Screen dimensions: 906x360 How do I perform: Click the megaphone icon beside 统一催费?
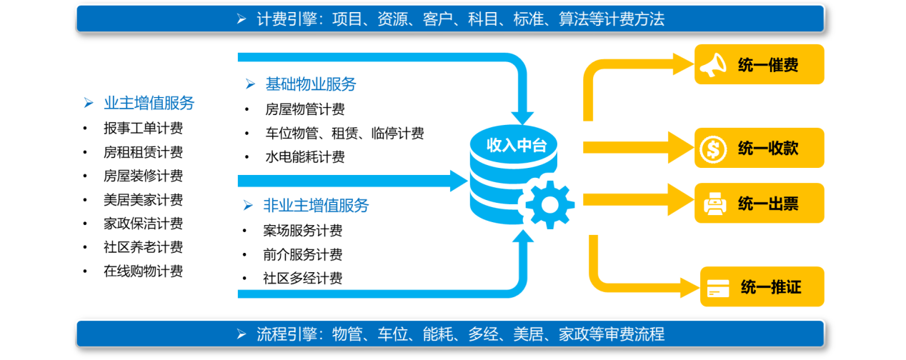[713, 65]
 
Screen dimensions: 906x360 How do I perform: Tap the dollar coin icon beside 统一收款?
[713, 149]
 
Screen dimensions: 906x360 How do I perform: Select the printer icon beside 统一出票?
[715, 204]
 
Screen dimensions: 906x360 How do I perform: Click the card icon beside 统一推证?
[718, 288]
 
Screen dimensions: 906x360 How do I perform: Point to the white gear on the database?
[549, 205]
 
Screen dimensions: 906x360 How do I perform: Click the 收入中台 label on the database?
[517, 145]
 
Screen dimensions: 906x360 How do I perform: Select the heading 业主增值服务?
[149, 103]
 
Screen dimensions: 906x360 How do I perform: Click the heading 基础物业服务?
[311, 84]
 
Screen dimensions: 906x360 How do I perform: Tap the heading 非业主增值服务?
[316, 206]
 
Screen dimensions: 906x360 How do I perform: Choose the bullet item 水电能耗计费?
[305, 157]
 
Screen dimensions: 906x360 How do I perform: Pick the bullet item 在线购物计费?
[143, 271]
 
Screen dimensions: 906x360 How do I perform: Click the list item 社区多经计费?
[302, 279]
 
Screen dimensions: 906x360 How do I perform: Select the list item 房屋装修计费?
[143, 176]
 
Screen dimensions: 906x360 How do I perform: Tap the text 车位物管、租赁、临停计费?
[344, 133]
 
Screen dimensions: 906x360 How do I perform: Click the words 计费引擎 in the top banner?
[287, 19]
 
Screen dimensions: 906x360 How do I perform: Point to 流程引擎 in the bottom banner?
[287, 334]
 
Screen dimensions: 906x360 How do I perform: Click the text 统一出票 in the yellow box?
[768, 204]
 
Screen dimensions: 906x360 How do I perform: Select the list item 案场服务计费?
[302, 231]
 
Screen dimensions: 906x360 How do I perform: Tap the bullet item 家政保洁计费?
[143, 224]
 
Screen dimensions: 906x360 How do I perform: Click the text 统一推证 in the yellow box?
[771, 287]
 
